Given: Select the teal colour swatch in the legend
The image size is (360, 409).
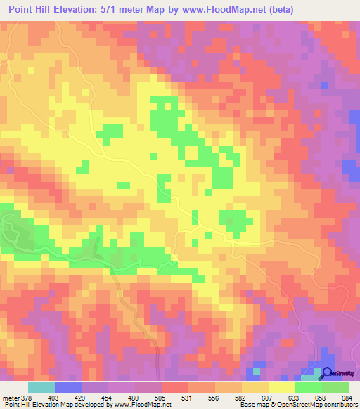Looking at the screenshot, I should coord(41,388).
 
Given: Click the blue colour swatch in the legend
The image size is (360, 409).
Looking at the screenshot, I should coord(68,388).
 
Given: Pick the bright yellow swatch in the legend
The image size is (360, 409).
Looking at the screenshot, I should coord(282,388).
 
